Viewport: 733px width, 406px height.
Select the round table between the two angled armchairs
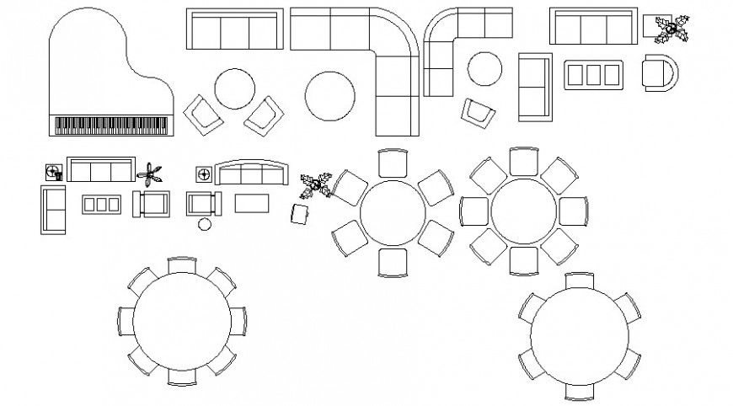235,88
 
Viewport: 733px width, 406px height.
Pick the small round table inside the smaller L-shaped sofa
484,68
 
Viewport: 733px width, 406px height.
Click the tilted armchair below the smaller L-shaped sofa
477,114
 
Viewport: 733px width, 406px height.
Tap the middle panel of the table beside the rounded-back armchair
595,74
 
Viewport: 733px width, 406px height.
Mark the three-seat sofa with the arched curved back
250,174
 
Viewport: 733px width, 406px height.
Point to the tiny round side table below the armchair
204,224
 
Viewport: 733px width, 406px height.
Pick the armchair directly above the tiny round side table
202,203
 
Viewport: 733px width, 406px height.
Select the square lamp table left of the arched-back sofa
203,174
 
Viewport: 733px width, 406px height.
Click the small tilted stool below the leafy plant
301,214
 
